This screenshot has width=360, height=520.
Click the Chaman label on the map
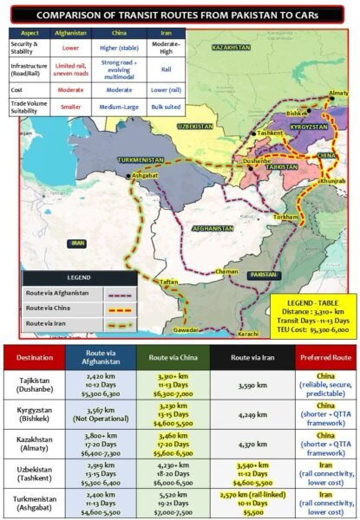click(226, 271)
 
